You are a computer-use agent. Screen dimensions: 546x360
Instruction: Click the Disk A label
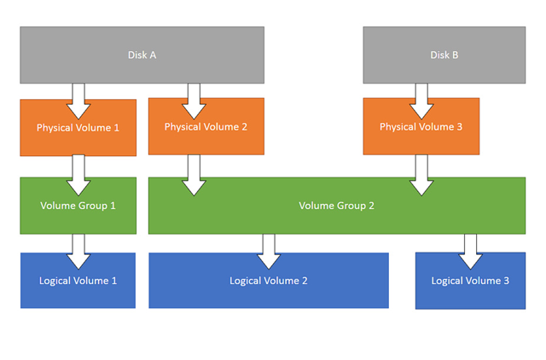(x=142, y=55)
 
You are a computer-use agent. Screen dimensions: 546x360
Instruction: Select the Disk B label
(x=444, y=55)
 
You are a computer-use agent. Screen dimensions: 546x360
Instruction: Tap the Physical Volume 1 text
(x=78, y=128)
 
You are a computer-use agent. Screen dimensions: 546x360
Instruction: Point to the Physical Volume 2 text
(x=206, y=127)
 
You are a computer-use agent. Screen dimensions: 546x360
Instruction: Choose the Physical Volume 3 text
(x=421, y=127)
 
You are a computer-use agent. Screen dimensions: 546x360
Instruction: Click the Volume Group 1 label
(x=78, y=206)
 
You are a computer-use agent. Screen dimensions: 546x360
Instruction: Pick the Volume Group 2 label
(x=336, y=206)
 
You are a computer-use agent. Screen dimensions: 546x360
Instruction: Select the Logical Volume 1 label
(x=78, y=281)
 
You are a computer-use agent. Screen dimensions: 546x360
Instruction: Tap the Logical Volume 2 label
(x=269, y=281)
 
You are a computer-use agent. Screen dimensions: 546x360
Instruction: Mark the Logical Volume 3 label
(x=470, y=281)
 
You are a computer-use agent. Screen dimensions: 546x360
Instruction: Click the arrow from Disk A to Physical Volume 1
(x=78, y=101)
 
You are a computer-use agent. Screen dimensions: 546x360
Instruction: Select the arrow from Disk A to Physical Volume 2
(x=194, y=101)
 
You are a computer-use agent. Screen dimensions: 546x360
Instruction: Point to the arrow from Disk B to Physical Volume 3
(x=421, y=101)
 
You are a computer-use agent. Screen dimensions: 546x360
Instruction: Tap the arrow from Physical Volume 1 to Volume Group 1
(x=78, y=175)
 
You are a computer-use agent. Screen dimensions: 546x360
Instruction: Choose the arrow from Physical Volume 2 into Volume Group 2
(x=194, y=175)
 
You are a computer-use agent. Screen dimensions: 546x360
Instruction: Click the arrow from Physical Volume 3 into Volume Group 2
(x=421, y=175)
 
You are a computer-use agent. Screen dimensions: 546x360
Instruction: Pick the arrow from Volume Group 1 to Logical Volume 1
(x=78, y=252)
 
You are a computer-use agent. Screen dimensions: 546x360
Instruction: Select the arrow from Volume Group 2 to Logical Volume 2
(x=269, y=252)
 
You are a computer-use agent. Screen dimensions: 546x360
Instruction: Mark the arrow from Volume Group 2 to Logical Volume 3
(x=470, y=252)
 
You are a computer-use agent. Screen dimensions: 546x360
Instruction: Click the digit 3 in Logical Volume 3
(x=506, y=281)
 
